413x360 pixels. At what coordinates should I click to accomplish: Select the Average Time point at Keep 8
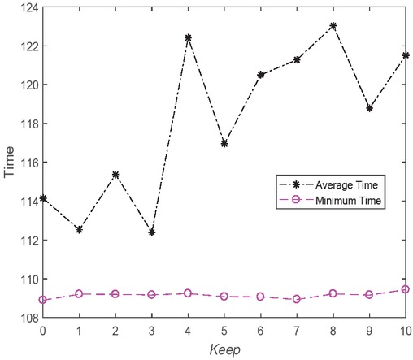(x=333, y=25)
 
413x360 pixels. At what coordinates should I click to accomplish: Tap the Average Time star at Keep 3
(x=151, y=232)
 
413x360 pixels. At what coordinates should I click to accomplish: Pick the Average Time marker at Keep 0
(x=42, y=198)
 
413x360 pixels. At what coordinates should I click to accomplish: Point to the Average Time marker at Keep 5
(x=224, y=143)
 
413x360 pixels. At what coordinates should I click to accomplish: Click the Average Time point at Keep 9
(x=369, y=108)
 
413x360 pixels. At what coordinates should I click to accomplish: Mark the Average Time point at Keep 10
(x=406, y=55)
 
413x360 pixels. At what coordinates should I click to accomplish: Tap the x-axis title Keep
(x=224, y=350)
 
